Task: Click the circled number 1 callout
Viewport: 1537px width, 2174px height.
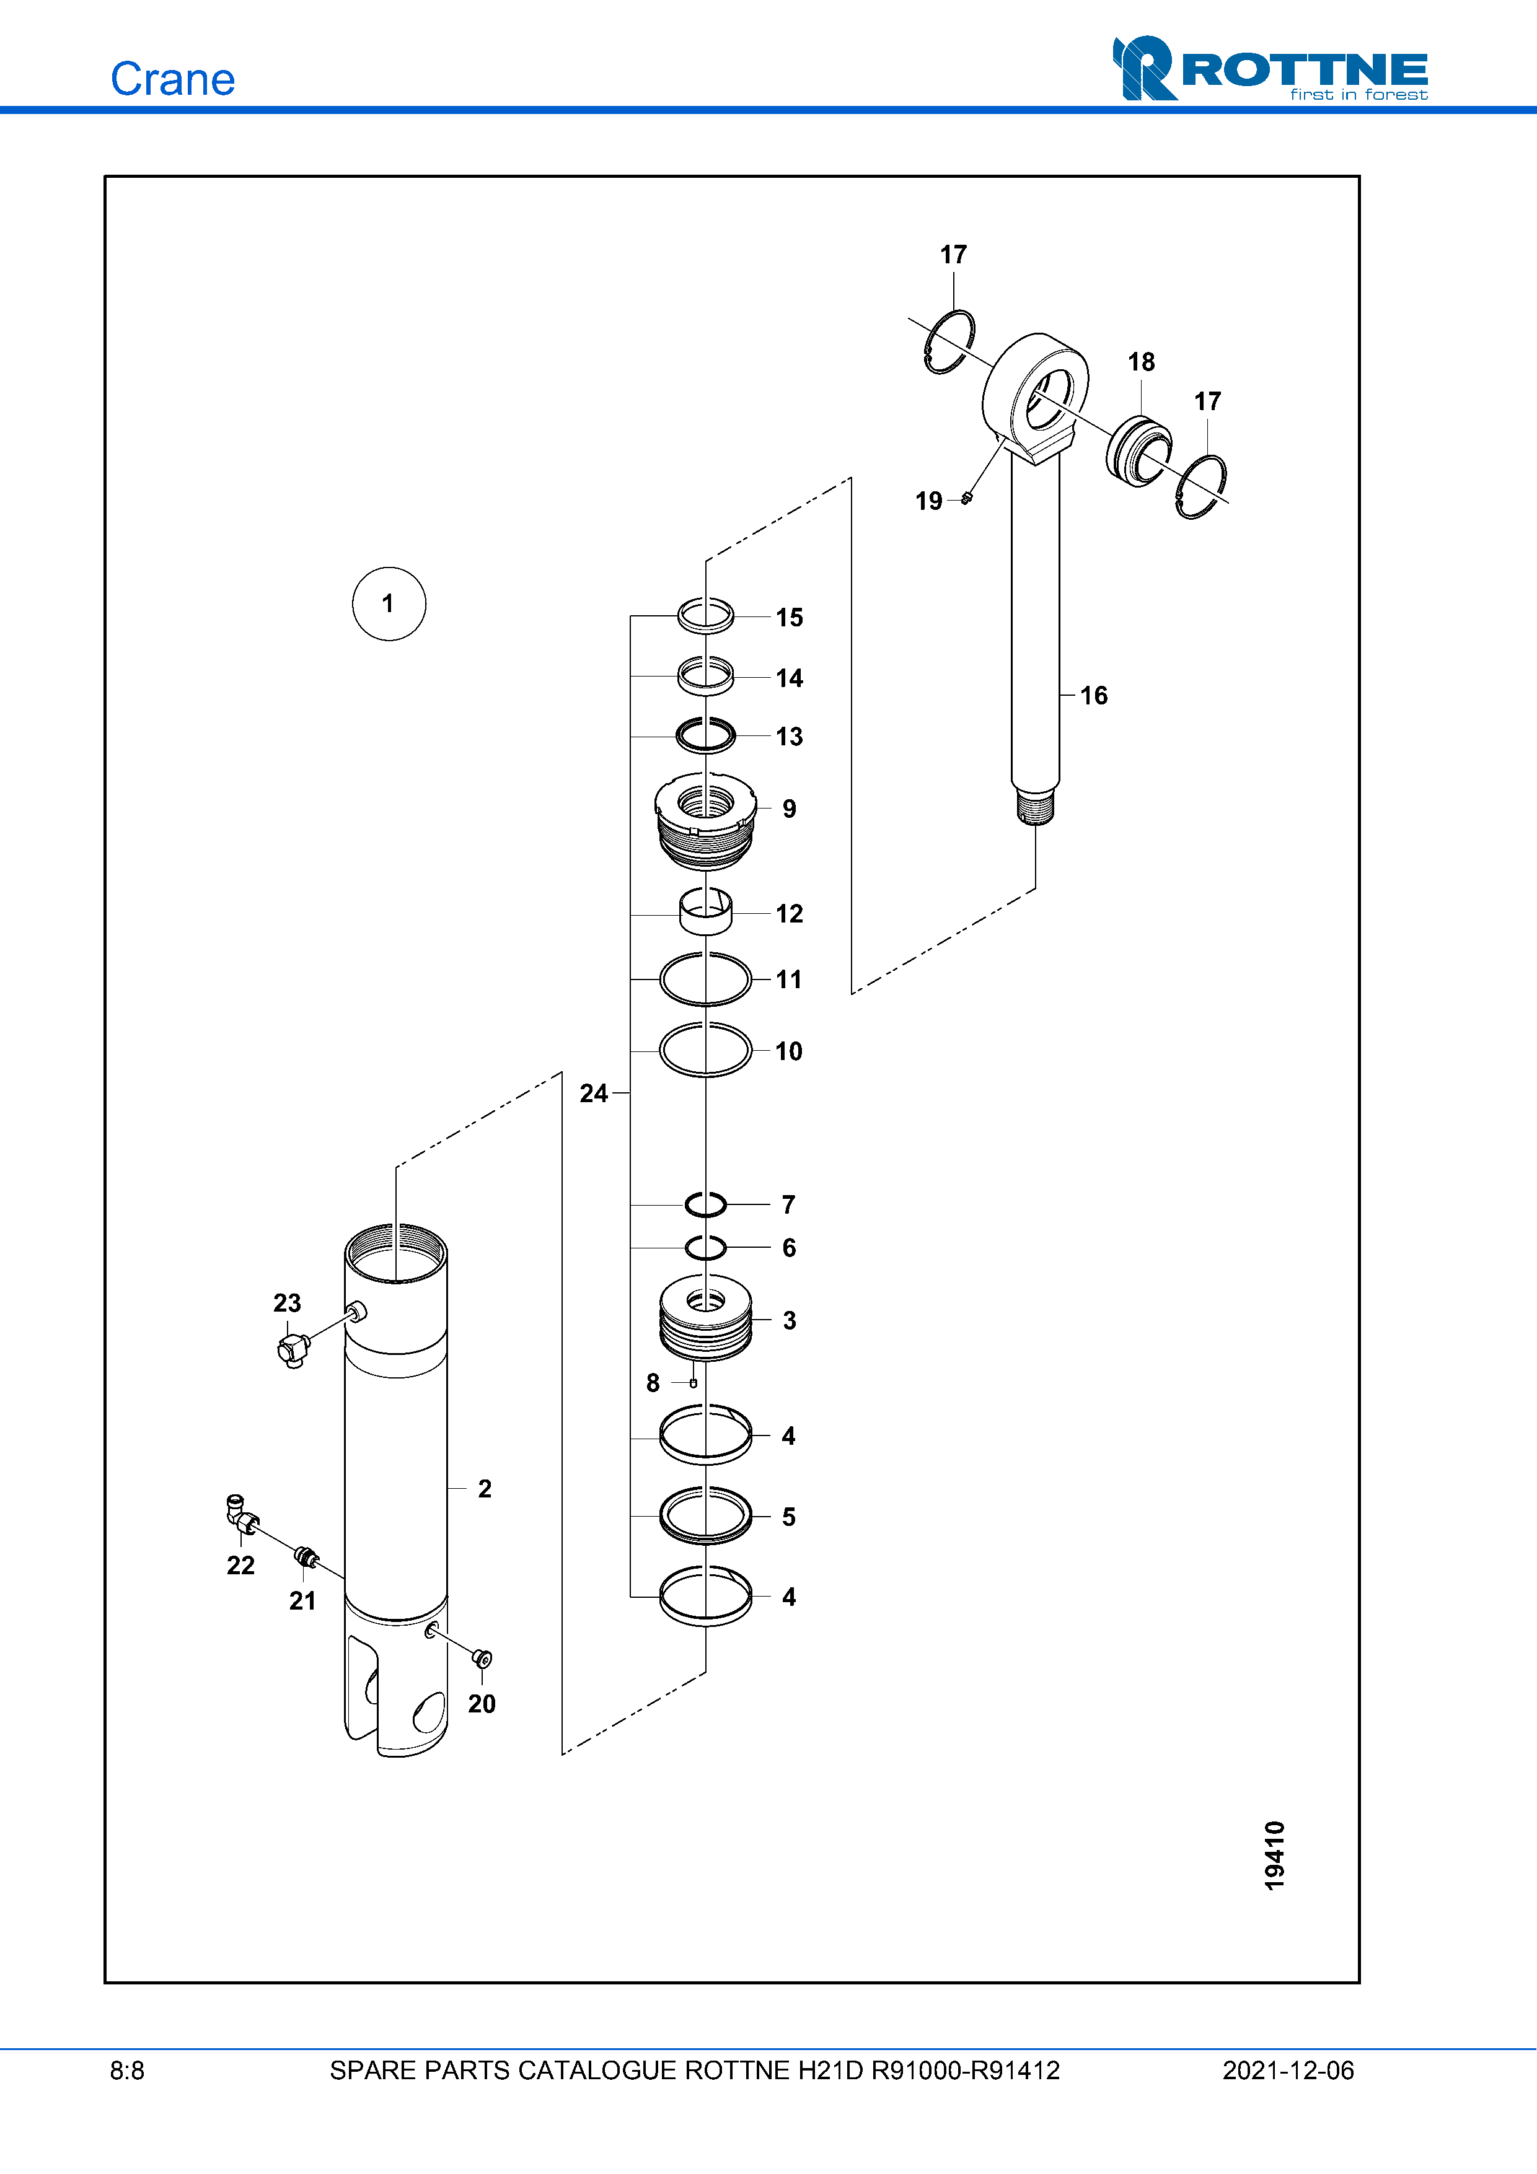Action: [x=388, y=604]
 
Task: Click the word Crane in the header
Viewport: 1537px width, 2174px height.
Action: [x=172, y=79]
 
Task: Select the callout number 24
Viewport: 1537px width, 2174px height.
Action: [x=594, y=1094]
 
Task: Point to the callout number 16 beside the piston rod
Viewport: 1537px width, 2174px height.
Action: [x=1094, y=696]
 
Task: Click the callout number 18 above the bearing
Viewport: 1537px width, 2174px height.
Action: [x=1141, y=362]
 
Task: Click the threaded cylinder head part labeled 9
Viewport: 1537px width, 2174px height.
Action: [x=705, y=820]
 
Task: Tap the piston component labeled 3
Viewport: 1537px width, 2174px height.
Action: [x=705, y=1317]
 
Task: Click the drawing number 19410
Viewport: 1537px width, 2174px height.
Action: [x=1275, y=1855]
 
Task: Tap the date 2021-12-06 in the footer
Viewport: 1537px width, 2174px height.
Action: [x=1288, y=2071]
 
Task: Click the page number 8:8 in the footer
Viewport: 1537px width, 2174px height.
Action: [x=127, y=2071]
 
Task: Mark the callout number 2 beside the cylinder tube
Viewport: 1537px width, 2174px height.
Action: [x=485, y=1489]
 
